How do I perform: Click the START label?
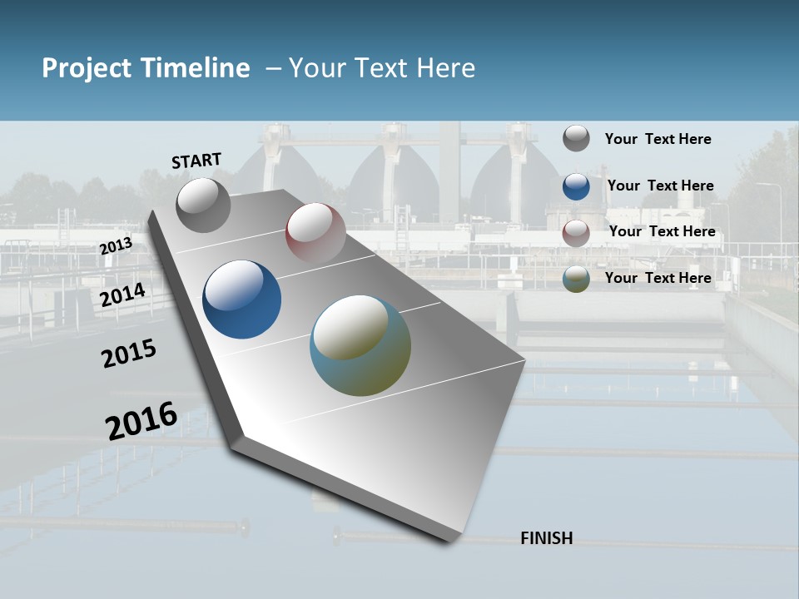(196, 161)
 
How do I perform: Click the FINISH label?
(546, 538)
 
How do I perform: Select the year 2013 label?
(116, 246)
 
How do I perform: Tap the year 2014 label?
(122, 295)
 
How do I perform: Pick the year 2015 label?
(128, 354)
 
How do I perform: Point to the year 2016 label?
(141, 420)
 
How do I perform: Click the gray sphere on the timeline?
(203, 205)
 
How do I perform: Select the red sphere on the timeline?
(315, 232)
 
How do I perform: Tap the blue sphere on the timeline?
(241, 299)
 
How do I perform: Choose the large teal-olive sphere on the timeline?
(360, 345)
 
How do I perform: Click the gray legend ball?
(576, 139)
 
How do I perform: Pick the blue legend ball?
(576, 186)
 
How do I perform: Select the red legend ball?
(576, 233)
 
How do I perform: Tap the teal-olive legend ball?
(576, 279)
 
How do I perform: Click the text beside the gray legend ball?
(658, 139)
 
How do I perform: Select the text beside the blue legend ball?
(660, 186)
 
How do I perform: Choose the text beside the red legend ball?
(662, 231)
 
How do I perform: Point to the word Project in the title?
(87, 68)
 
